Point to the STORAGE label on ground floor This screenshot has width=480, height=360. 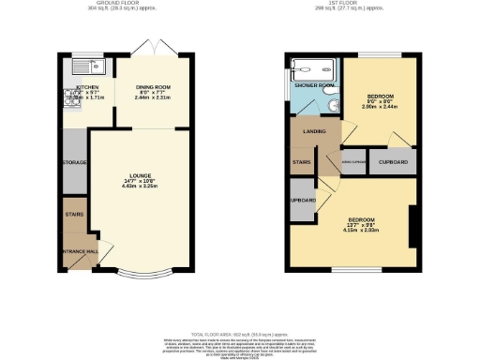pyautogui.click(x=74, y=163)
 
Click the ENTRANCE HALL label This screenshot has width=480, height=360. pyautogui.click(x=80, y=252)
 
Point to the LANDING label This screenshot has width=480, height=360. pyautogui.click(x=315, y=131)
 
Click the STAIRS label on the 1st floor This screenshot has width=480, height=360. pyautogui.click(x=302, y=163)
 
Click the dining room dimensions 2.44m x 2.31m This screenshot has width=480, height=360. pyautogui.click(x=155, y=97)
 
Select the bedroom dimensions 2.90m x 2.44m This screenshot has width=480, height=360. pyautogui.click(x=380, y=107)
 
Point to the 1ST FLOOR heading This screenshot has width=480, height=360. pyautogui.click(x=352, y=4)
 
